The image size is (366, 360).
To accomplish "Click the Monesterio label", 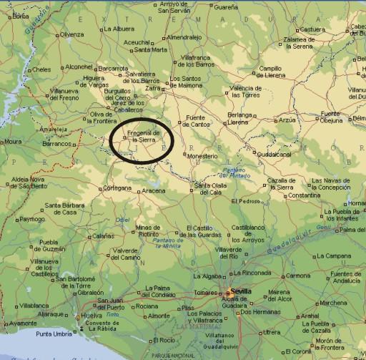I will coord(203,155).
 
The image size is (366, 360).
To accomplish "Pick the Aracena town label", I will coord(153,191).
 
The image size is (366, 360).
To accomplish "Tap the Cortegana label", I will coord(117,188).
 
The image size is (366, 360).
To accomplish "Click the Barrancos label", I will coord(58,144).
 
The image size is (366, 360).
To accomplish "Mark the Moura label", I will coord(12,142).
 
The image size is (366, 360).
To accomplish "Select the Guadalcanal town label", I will coord(273,154).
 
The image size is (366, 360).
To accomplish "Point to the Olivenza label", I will coord(71,34).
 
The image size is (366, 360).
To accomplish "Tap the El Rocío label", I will coord(167,339).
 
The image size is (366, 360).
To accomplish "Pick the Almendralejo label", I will coord(184,37).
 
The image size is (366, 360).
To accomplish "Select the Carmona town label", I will coord(299,276).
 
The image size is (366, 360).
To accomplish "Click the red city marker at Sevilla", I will coord(229,292).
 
